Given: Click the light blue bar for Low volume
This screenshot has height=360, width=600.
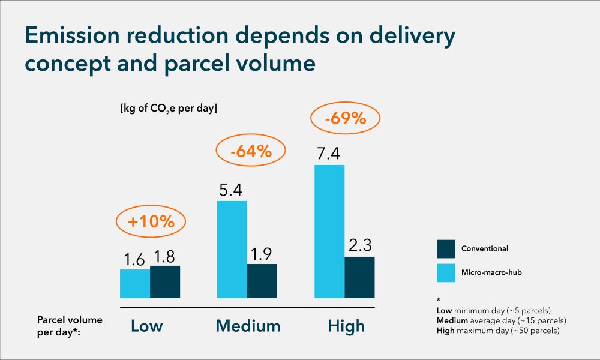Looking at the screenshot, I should tap(135, 284).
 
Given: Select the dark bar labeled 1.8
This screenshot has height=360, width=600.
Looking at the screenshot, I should tap(165, 282).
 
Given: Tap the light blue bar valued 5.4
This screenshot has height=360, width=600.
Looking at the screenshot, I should tap(232, 250).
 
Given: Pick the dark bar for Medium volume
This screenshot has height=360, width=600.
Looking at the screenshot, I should tap(262, 281).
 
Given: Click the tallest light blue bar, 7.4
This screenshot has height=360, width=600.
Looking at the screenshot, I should tap(329, 232).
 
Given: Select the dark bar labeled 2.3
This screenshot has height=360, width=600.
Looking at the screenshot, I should tap(359, 277).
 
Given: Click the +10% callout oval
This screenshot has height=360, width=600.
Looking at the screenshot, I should tap(151, 221).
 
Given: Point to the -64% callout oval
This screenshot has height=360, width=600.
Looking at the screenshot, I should tap(251, 152).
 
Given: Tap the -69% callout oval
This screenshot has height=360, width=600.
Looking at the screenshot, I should tap(345, 118).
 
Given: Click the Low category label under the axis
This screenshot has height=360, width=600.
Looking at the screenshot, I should tap(147, 326).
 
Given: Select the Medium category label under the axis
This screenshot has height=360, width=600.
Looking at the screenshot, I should tap(248, 326).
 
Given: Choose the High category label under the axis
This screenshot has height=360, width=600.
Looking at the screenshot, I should tap(346, 326).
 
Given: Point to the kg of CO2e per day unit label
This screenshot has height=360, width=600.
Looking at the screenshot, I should tap(169, 109).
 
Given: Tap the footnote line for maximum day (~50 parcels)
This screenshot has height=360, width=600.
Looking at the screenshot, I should tap(498, 331).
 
